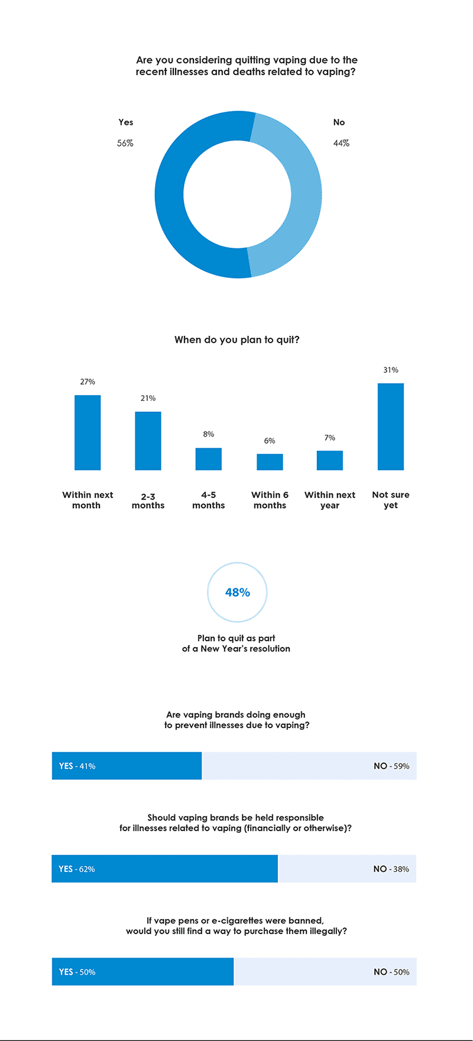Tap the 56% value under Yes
[125, 143]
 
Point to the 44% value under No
[341, 143]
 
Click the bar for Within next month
[88, 432]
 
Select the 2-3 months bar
[148, 441]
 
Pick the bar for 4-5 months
[209, 459]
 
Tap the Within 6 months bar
[270, 462]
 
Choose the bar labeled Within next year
[330, 460]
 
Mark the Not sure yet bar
[391, 426]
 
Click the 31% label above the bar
[391, 370]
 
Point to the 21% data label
[148, 399]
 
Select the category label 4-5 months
[209, 500]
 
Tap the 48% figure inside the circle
[238, 593]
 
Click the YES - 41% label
[77, 766]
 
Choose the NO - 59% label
[391, 766]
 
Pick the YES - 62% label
[77, 869]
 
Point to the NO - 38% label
[391, 869]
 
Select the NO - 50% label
[391, 972]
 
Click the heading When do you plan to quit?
[237, 340]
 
